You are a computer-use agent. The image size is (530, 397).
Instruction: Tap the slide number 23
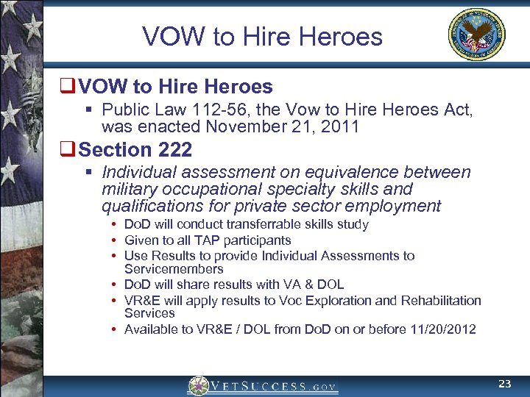click(504, 384)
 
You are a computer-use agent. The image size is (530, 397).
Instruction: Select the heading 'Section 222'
click(135, 150)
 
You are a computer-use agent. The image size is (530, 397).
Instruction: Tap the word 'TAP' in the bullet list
click(203, 240)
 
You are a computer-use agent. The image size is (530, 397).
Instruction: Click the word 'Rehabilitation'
click(440, 300)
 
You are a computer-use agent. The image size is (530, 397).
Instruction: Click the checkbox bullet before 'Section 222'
click(70, 150)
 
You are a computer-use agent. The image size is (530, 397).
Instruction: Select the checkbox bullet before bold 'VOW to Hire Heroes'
click(70, 87)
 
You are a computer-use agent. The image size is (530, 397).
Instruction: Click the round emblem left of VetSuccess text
click(198, 386)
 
